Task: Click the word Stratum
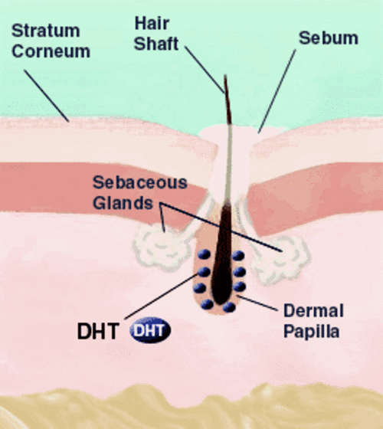46,31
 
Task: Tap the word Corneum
51,51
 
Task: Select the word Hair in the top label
152,23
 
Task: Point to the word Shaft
156,44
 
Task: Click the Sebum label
329,38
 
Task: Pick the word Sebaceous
139,182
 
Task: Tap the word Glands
123,203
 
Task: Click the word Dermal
313,311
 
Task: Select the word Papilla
311,331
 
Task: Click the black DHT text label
98,331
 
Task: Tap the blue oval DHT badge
150,330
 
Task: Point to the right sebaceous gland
282,259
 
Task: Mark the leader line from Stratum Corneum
46,96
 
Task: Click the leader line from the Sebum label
277,91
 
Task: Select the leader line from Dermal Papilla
257,303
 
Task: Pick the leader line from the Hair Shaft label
205,70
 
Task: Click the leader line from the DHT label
161,296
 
